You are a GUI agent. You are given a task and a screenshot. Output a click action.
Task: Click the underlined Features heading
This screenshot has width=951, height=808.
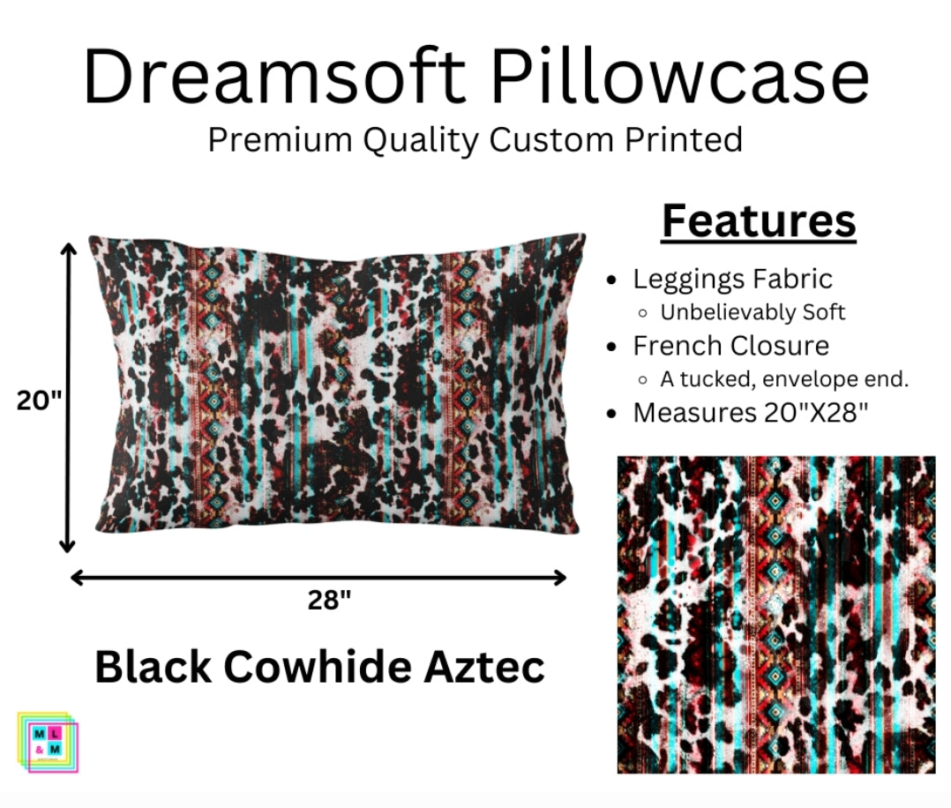759,221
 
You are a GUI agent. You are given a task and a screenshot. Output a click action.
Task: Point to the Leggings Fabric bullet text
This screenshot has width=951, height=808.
732,280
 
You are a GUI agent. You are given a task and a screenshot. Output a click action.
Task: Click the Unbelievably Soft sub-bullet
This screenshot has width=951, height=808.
753,312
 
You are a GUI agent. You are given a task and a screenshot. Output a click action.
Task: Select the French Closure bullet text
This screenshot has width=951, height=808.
730,345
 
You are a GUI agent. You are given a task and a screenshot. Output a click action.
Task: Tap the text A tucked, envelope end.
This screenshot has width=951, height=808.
784,379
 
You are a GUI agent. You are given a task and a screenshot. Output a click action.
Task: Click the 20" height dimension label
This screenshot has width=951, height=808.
39,400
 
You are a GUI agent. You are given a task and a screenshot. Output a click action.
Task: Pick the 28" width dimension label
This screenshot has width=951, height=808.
329,601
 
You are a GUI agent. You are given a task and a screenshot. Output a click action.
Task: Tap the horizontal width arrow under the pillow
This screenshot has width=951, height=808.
318,578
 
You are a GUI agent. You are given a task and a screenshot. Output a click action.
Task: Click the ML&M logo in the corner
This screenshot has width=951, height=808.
48,742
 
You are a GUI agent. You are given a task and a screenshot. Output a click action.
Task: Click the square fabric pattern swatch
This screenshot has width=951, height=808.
775,614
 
